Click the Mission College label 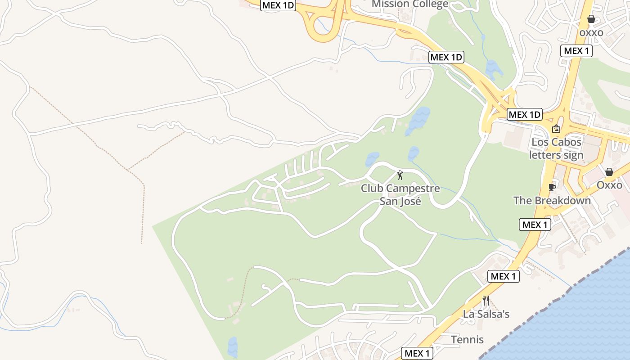(x=410, y=4)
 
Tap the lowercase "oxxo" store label (x=591, y=32)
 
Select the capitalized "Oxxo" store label (x=609, y=185)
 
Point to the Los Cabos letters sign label (x=556, y=148)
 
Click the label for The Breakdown (x=552, y=200)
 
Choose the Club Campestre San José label (x=400, y=194)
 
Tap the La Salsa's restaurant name (x=486, y=314)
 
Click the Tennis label (x=467, y=339)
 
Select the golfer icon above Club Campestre (x=400, y=175)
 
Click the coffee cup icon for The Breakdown (x=552, y=187)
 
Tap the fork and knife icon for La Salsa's (x=486, y=300)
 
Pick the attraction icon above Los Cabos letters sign (x=556, y=129)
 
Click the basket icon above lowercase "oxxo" (x=591, y=19)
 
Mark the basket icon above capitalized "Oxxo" (x=609, y=172)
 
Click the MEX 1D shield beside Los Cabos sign (x=525, y=114)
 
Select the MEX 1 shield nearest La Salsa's (x=504, y=276)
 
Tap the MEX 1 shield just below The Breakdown (x=535, y=224)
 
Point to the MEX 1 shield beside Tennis (x=417, y=353)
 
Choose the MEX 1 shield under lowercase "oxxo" (x=576, y=50)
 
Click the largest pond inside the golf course (x=418, y=120)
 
